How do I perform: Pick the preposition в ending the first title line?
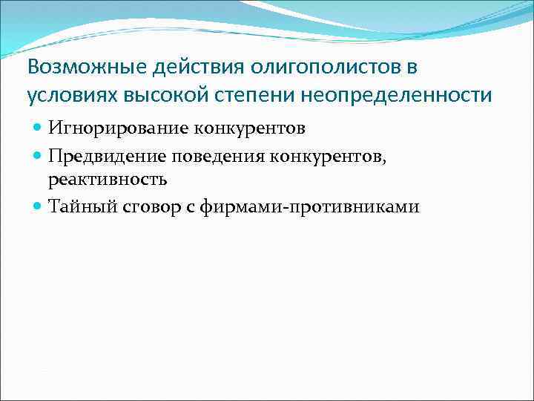tap(411, 68)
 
